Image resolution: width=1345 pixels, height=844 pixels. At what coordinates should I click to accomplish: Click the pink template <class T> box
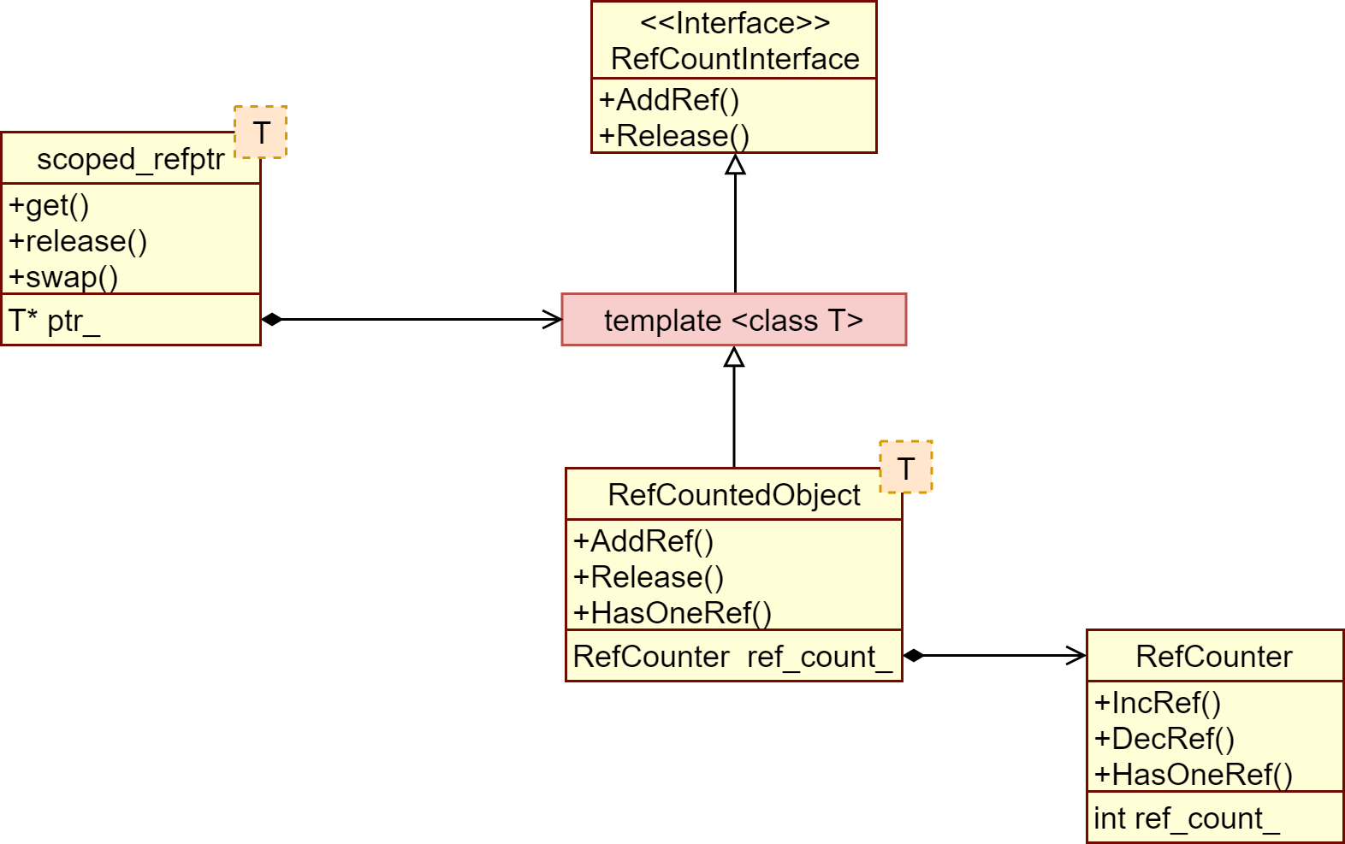(733, 320)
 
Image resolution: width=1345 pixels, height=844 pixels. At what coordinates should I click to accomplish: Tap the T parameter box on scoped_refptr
(261, 133)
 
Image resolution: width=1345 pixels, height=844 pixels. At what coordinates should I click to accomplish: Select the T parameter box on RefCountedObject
(906, 468)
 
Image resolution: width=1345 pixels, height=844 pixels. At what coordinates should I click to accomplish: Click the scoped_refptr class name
(130, 159)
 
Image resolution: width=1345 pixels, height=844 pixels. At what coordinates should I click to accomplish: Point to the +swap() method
(63, 277)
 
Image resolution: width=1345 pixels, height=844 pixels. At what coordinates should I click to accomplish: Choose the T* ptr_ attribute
(54, 321)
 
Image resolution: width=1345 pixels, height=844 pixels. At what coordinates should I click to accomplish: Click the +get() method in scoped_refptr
(49, 205)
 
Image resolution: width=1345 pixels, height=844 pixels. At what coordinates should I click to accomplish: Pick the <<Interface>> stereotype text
(735, 23)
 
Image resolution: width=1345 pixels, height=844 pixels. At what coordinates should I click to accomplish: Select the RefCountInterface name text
(735, 59)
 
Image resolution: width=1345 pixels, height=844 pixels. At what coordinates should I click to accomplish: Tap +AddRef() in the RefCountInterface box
(668, 100)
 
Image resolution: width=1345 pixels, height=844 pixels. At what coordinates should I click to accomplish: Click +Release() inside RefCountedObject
(649, 577)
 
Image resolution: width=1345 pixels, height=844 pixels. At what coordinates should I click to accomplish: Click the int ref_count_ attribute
(1186, 819)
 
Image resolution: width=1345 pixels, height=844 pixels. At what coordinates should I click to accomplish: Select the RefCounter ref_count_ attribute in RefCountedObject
(732, 657)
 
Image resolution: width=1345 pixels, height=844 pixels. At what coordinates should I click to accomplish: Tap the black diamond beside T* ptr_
(272, 320)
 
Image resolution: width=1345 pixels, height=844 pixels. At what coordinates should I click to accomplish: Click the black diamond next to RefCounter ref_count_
(914, 656)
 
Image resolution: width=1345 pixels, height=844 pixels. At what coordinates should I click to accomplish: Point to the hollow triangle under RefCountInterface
(735, 165)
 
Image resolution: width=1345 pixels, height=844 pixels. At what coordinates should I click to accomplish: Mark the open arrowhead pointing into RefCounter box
(1076, 656)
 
